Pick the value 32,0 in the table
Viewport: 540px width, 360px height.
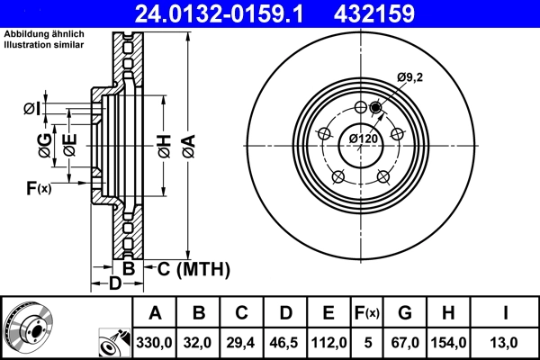pos(200,342)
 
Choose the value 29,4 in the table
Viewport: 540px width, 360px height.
pos(242,342)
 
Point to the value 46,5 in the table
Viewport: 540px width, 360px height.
pos(285,342)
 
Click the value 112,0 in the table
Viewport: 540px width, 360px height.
pos(328,342)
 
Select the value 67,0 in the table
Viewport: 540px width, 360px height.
pos(405,342)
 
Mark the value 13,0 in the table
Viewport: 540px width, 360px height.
pos(506,342)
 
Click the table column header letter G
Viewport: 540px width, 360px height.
pos(405,313)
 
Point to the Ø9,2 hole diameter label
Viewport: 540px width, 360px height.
pos(410,79)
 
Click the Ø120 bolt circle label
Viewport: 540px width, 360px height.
pos(363,139)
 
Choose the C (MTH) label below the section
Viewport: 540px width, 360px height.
pos(193,269)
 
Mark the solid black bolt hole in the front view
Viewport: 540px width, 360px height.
pos(375,109)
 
